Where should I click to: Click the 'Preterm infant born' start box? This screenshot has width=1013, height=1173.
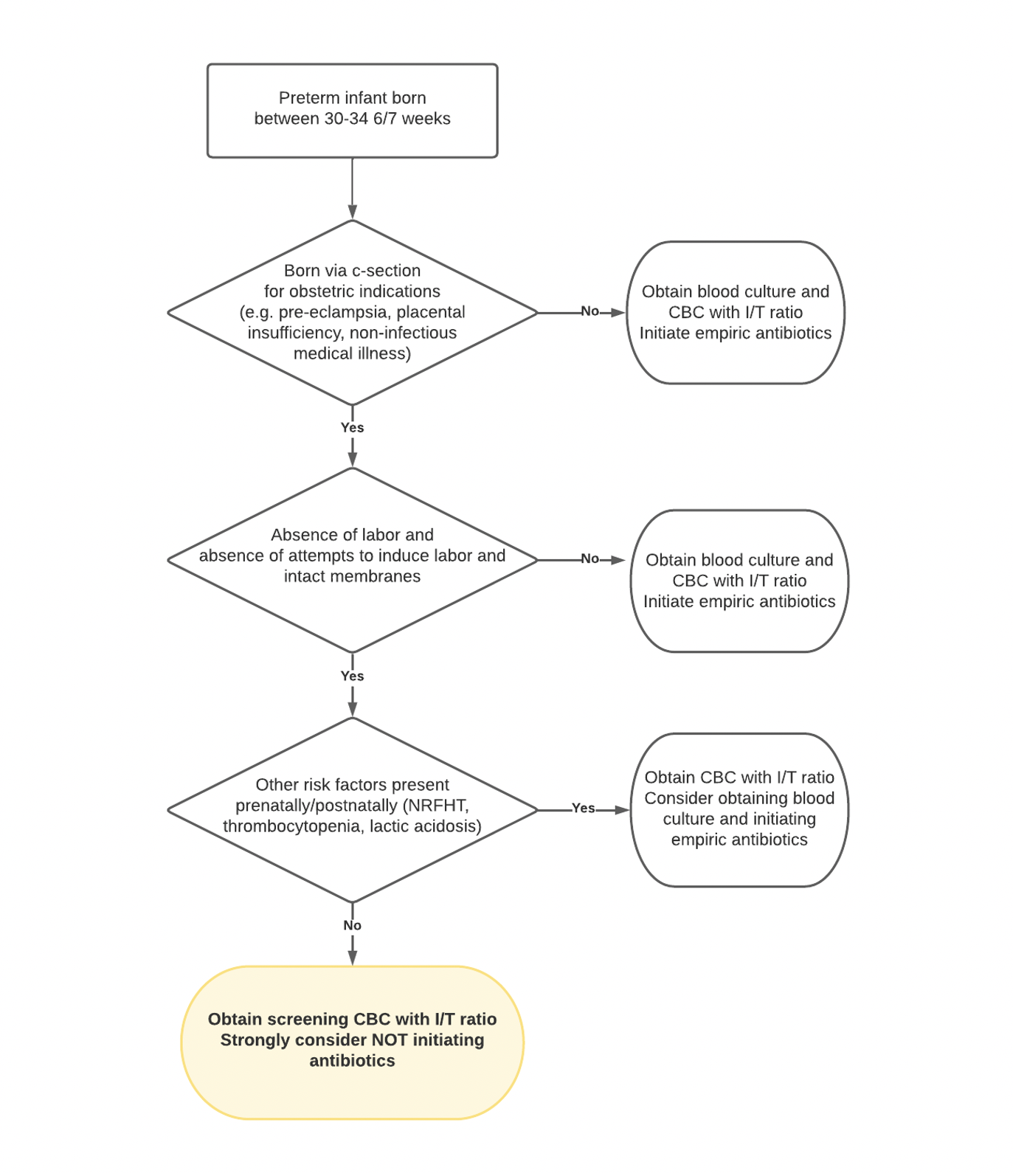coord(352,111)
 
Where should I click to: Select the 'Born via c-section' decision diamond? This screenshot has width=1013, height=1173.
coord(353,313)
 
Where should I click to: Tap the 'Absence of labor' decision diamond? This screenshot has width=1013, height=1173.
coord(353,560)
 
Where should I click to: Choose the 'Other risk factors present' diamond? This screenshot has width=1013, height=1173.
coord(353,810)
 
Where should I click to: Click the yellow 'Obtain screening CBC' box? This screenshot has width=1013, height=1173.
coord(352,1042)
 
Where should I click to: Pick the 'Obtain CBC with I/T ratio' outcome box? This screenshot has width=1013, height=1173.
coord(739,809)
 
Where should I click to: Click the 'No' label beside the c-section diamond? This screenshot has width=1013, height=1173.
coord(590,311)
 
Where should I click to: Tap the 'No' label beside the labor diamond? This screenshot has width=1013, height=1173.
coord(590,558)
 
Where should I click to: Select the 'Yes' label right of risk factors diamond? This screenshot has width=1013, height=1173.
coord(584,809)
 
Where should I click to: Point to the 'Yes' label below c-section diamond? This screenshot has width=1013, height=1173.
coord(353,428)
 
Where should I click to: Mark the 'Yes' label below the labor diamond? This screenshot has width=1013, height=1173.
coord(353,677)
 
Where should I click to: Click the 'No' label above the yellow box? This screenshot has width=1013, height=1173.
coord(353,926)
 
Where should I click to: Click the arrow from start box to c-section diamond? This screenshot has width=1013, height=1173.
coord(353,189)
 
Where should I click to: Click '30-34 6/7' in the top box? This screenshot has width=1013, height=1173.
coord(360,119)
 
